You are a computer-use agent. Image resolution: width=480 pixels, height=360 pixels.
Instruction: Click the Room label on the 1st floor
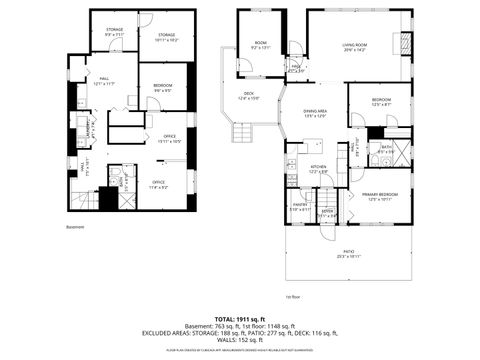tap(260, 43)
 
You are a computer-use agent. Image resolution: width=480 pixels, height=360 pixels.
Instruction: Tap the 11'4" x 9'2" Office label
tap(158, 183)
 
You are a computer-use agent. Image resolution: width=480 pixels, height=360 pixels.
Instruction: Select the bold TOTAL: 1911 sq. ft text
tap(240, 317)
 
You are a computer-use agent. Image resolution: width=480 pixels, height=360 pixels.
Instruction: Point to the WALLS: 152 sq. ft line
tap(240, 341)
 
